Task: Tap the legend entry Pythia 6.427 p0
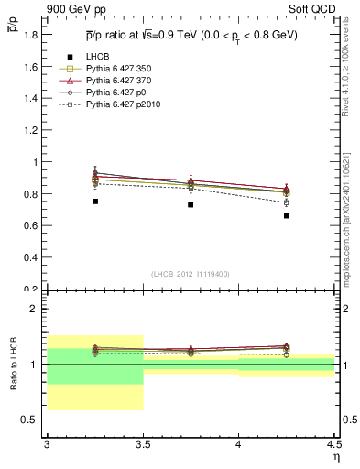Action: coord(115,93)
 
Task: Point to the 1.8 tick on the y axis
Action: coord(30,35)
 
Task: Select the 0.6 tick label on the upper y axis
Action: coord(30,225)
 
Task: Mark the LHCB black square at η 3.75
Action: coord(191,204)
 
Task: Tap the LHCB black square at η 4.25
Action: coord(287,216)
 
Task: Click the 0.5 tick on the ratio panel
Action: coord(30,420)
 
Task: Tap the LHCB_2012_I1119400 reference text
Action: coord(191,274)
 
